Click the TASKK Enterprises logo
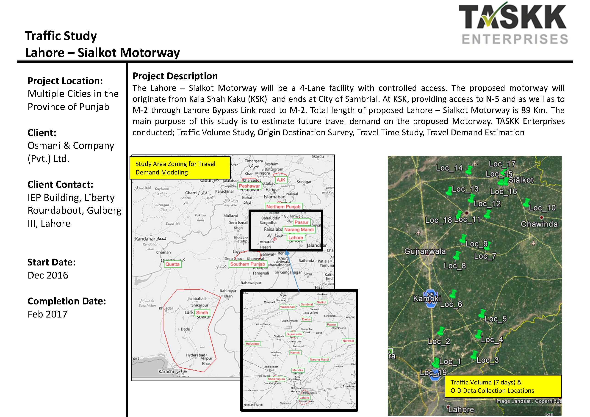click(513, 24)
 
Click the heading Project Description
click(175, 76)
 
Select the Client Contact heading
click(60, 185)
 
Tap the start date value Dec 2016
click(48, 275)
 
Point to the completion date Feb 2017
click(47, 314)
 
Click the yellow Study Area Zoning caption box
click(180, 168)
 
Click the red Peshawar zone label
click(249, 186)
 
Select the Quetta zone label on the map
click(172, 264)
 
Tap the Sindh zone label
click(202, 312)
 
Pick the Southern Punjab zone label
click(247, 264)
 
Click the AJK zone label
click(281, 180)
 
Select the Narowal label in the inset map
click(348, 341)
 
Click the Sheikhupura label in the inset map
click(277, 379)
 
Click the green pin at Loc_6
click(453, 294)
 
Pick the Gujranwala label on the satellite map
click(425, 251)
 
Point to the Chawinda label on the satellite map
click(539, 224)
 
